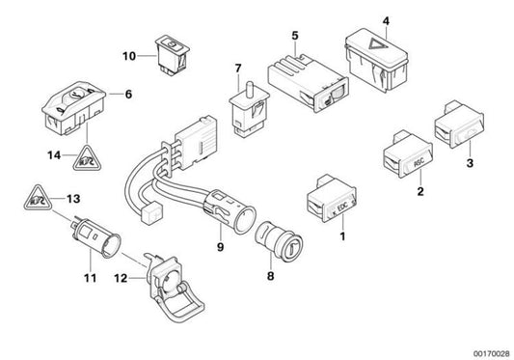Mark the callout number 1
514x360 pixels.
(x=341, y=235)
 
